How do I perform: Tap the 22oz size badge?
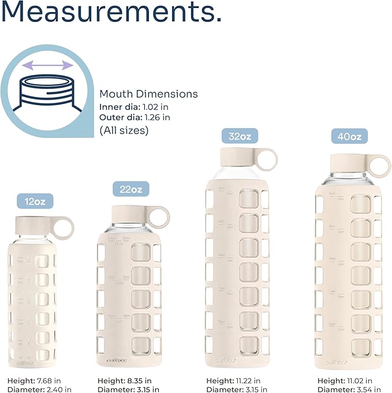tap(130, 188)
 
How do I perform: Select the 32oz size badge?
tap(240, 136)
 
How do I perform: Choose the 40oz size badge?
tap(350, 137)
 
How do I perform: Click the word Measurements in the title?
tap(111, 12)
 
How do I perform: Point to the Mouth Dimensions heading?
tap(148, 94)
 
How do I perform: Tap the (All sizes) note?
tap(124, 130)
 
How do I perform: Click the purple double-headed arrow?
tap(52, 66)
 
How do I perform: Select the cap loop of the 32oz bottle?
tap(266, 159)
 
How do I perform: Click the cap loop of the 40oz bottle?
tap(378, 164)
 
